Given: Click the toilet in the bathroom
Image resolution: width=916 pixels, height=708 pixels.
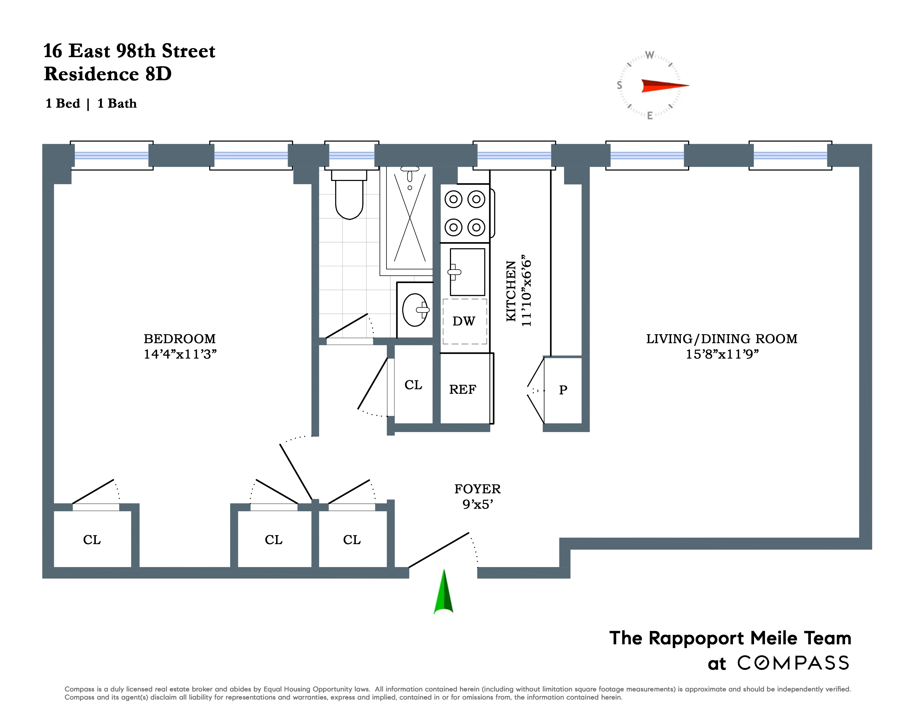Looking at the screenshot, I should point(349,197).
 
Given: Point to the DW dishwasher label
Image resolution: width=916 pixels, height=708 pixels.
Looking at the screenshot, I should point(463,321).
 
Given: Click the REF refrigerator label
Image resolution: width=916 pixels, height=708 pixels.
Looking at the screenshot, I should point(463,390).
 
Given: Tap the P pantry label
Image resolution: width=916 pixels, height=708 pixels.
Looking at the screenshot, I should point(563,390).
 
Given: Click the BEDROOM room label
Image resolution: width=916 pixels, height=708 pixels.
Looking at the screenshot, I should point(179,338).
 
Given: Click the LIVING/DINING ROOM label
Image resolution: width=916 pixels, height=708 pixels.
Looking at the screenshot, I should point(721,338).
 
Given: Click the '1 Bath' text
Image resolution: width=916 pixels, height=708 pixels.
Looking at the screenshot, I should point(117,104).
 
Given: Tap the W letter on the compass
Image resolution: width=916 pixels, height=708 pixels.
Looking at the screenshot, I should point(649,55).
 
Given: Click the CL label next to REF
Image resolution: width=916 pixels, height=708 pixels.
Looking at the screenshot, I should point(413,385).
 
